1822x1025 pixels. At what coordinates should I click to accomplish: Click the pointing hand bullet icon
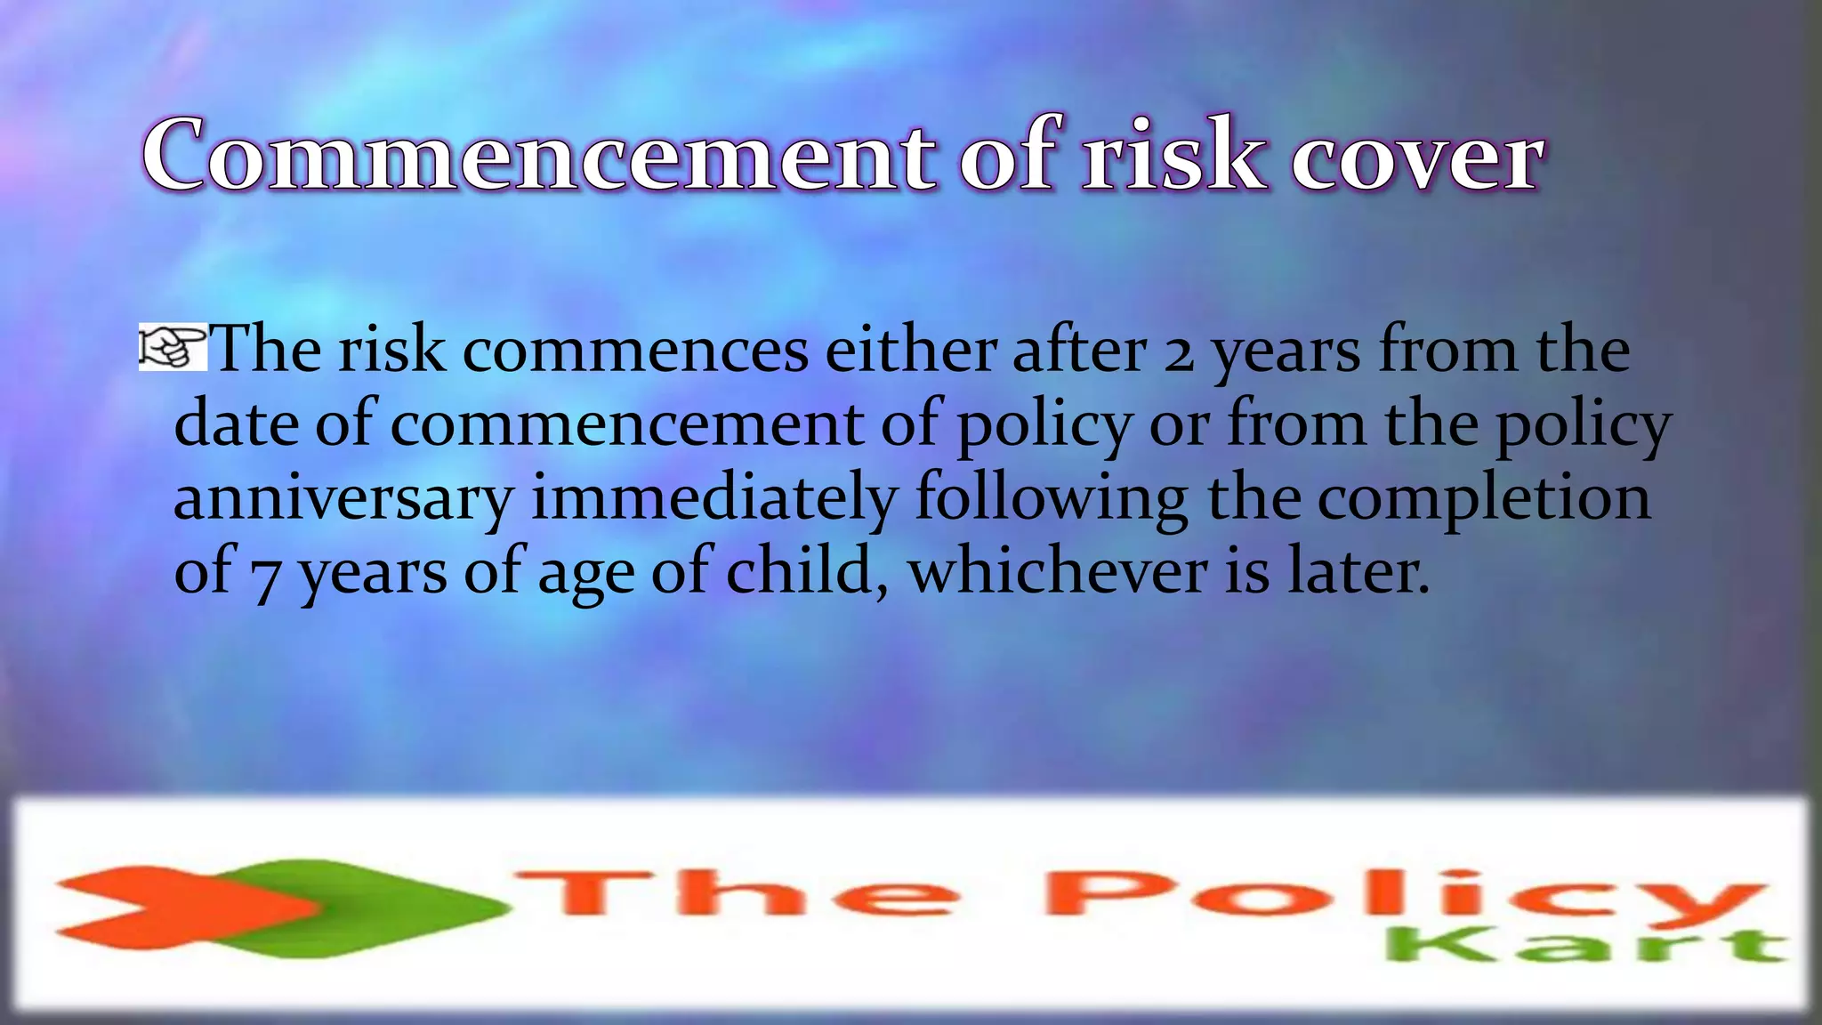(x=172, y=348)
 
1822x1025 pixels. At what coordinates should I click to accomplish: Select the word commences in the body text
(x=635, y=351)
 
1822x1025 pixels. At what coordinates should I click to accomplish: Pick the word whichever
(x=1057, y=571)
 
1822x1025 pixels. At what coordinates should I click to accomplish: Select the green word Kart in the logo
(x=1584, y=945)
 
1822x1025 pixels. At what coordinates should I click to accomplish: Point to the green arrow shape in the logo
(x=391, y=908)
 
